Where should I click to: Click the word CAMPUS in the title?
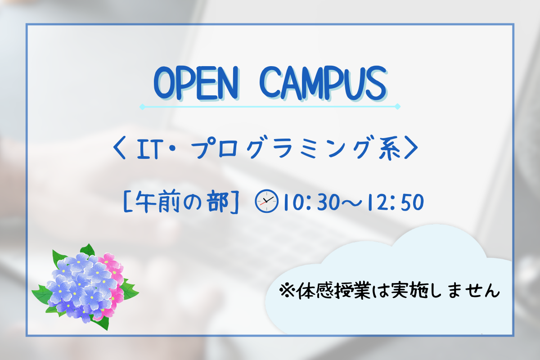click(323, 83)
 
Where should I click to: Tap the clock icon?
click(266, 201)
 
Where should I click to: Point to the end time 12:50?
click(396, 202)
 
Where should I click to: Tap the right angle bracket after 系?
click(411, 148)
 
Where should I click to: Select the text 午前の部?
click(181, 201)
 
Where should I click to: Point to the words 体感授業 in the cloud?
click(333, 291)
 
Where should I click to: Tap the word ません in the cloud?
click(473, 291)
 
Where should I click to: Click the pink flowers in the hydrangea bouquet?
click(112, 282)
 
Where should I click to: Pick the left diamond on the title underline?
click(142, 107)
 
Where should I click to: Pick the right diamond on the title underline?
click(397, 106)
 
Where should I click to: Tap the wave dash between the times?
click(354, 202)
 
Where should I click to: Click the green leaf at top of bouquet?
click(87, 250)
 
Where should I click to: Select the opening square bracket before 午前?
click(127, 201)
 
